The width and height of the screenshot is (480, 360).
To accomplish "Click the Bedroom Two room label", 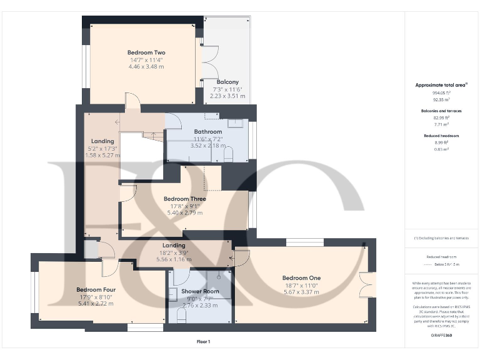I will [146, 52].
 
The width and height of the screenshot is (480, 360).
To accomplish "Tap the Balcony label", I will [227, 82].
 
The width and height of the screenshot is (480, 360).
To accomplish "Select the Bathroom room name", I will [207, 132].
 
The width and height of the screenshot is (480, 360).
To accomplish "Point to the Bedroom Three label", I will [185, 199].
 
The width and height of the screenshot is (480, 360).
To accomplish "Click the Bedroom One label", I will [301, 278].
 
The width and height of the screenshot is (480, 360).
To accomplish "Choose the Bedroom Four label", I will [96, 289].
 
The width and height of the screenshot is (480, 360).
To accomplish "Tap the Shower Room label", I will [200, 291].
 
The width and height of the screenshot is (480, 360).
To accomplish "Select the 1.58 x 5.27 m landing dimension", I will [102, 156].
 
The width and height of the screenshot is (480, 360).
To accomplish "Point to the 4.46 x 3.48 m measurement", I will [146, 66].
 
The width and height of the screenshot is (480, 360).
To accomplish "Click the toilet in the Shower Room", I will [181, 317].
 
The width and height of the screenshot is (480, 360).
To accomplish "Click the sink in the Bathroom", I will [235, 123].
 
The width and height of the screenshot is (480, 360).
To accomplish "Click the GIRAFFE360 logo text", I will [442, 336].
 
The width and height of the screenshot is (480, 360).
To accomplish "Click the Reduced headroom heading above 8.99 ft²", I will [442, 135].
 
